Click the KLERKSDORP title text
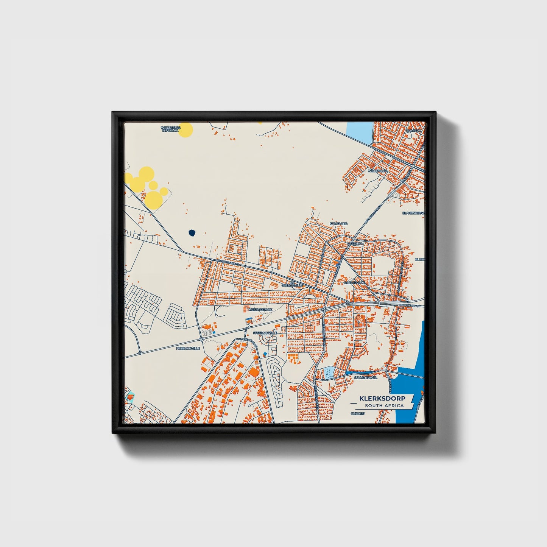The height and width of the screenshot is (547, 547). (x=382, y=398)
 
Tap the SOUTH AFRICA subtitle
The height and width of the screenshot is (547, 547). (x=384, y=406)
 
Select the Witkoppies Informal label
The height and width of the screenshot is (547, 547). (x=170, y=129)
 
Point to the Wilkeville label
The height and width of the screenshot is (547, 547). (x=377, y=171)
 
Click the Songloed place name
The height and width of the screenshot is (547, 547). (x=338, y=224)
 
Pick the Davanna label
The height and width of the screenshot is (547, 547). (x=355, y=244)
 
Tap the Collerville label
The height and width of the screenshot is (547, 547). (x=355, y=282)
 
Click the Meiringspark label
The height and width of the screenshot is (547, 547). (x=260, y=310)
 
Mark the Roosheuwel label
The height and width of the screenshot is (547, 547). (x=366, y=377)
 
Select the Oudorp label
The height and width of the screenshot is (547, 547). (x=357, y=414)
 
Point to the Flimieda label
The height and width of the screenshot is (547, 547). (x=413, y=131)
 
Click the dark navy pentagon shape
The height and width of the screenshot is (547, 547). (x=192, y=232)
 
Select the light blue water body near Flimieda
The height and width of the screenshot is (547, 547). (x=360, y=132)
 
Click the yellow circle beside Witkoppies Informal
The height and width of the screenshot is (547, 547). (x=186, y=129)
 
